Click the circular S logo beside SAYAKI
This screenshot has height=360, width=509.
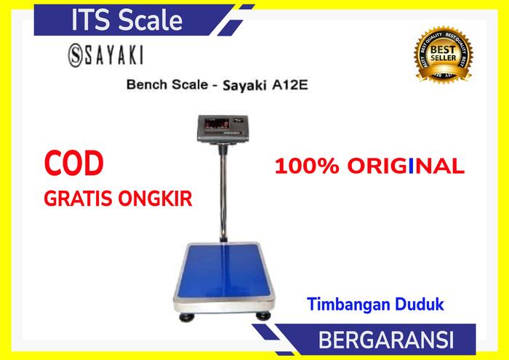coord(63,55)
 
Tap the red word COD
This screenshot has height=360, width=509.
coord(73,164)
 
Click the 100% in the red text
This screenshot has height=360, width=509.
coord(302,167)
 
